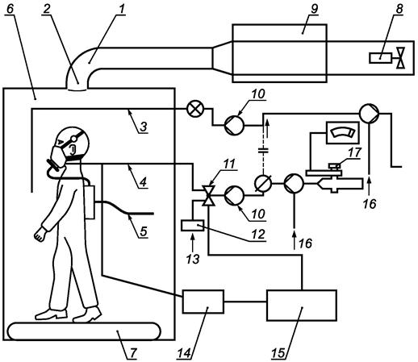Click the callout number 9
pyautogui.click(x=314, y=9)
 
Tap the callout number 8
pyautogui.click(x=399, y=9)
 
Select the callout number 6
pyautogui.click(x=10, y=9)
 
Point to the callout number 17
pyautogui.click(x=354, y=152)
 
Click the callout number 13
pyautogui.click(x=193, y=259)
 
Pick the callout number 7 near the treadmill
pyautogui.click(x=133, y=353)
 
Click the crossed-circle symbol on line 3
pyautogui.click(x=195, y=110)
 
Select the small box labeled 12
pyautogui.click(x=193, y=226)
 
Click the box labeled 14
pyautogui.click(x=203, y=302)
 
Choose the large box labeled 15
pyautogui.click(x=302, y=305)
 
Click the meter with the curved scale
pyautogui.click(x=342, y=133)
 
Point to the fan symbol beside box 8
pyautogui.click(x=401, y=58)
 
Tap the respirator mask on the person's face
pyautogui.click(x=58, y=157)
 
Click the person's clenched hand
pyautogui.click(x=40, y=234)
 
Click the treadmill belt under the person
pyautogui.click(x=85, y=331)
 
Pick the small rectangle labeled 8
pyautogui.click(x=380, y=58)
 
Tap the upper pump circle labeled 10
pyautogui.click(x=234, y=125)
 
